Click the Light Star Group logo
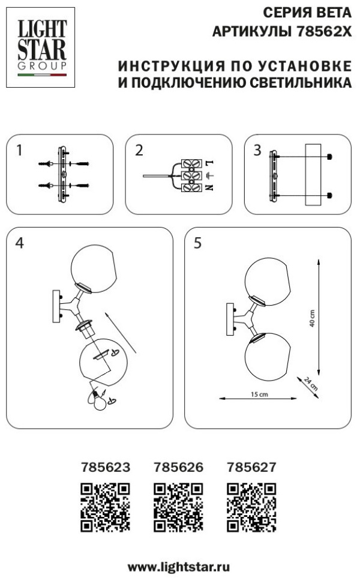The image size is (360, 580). click(x=41, y=47)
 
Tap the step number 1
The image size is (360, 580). click(x=20, y=150)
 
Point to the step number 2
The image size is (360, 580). click(x=139, y=150)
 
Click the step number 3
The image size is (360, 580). click(x=257, y=150)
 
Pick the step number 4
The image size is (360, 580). click(x=20, y=243)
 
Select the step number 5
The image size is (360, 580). click(x=198, y=243)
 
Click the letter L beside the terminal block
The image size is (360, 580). click(x=209, y=163)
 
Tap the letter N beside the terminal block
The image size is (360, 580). click(x=209, y=187)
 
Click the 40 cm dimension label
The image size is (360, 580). click(x=313, y=318)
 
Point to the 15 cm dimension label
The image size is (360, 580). click(x=259, y=394)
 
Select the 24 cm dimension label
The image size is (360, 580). click(x=310, y=383)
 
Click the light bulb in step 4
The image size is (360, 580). click(x=99, y=400)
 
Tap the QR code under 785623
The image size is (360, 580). click(x=106, y=507)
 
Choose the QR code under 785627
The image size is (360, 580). click(x=252, y=507)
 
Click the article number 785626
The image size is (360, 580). click(x=179, y=467)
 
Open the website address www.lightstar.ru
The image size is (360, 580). click(x=179, y=567)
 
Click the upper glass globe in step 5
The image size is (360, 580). click(x=268, y=282)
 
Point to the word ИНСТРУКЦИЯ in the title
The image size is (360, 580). click(x=172, y=66)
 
